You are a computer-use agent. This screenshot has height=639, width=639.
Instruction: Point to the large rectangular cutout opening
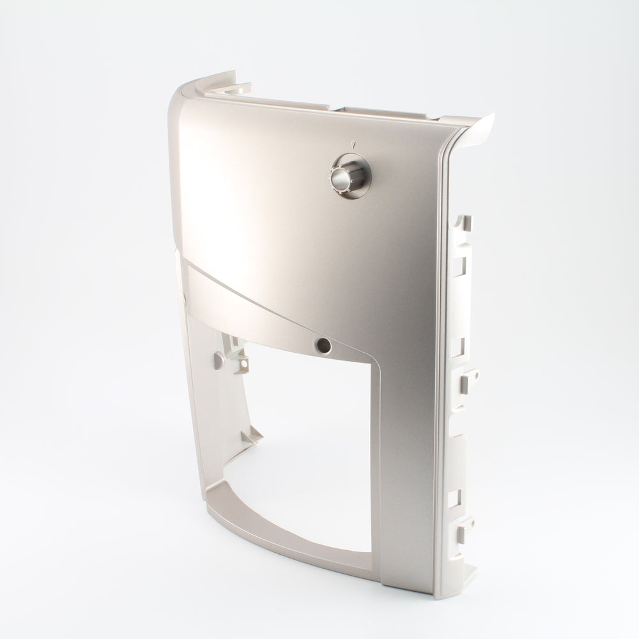[x=300, y=447]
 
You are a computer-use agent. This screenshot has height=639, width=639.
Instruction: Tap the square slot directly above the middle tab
[x=458, y=347]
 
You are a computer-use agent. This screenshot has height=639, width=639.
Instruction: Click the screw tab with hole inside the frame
[x=243, y=364]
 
